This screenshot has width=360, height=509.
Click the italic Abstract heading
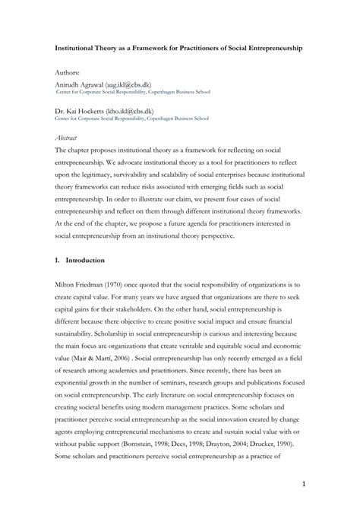click(68, 138)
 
